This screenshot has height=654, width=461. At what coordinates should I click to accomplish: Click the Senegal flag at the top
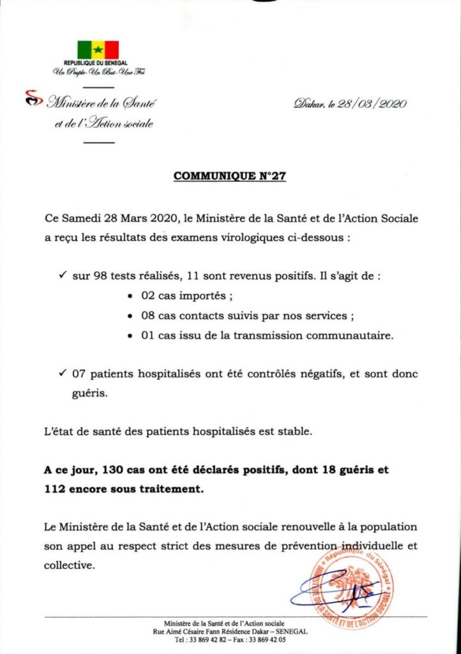click(x=98, y=50)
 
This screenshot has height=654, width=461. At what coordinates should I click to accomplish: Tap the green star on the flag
click(x=98, y=50)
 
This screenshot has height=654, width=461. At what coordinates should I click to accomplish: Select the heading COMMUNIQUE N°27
click(x=229, y=177)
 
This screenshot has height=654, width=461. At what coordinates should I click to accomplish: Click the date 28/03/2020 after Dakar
click(x=374, y=103)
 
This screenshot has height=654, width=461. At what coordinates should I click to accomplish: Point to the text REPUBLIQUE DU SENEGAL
click(x=98, y=64)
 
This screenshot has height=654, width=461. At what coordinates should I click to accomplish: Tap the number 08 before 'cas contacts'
click(x=147, y=316)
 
